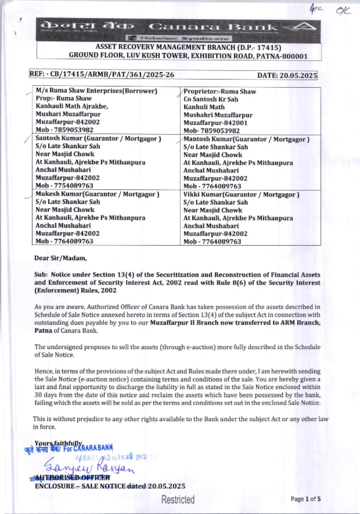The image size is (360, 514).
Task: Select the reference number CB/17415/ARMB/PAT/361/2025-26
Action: [112, 75]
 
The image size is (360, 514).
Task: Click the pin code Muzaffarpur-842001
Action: [215, 123]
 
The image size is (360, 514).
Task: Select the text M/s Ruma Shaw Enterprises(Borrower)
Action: [96, 91]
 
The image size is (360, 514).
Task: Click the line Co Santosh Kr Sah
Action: [211, 99]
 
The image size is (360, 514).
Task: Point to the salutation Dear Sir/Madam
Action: [60, 258]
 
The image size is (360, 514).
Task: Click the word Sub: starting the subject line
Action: [41, 274]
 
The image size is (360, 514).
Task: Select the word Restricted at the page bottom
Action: [178, 500]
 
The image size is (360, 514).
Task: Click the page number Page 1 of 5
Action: [306, 499]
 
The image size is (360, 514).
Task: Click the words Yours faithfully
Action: [58, 443]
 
